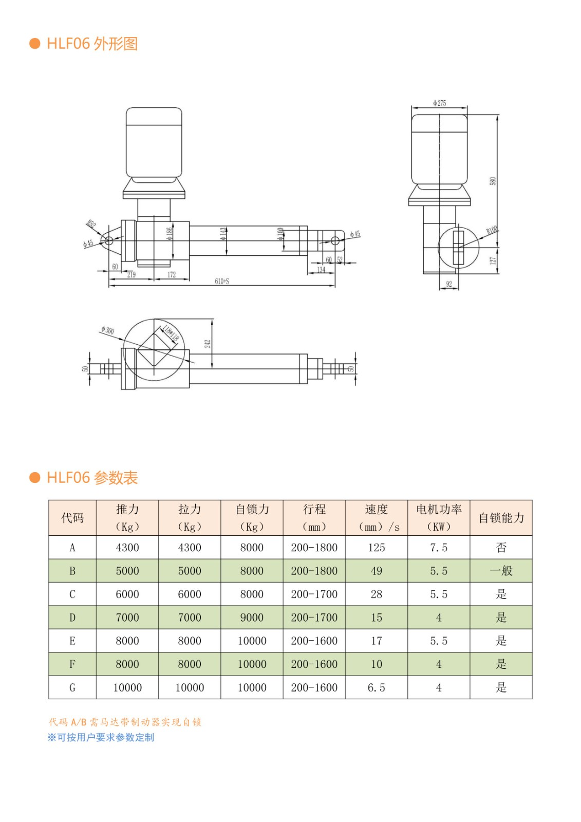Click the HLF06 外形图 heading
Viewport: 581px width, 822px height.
click(92, 44)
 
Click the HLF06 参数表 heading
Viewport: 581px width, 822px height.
click(92, 478)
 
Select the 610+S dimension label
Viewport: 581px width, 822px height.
click(222, 281)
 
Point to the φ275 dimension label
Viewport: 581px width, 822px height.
click(439, 103)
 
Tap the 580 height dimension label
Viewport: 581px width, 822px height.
click(493, 181)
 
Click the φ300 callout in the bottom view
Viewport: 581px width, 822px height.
click(108, 330)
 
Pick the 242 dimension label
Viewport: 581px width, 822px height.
click(208, 343)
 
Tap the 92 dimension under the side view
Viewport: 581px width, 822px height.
click(449, 284)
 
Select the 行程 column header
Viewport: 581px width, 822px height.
click(314, 509)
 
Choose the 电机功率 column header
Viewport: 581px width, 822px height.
click(439, 509)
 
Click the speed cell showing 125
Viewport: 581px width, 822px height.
click(377, 548)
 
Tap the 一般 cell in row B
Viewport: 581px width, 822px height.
click(501, 571)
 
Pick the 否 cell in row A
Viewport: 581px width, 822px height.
click(501, 548)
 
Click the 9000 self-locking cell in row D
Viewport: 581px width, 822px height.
click(252, 618)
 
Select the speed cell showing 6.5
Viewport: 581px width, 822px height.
click(377, 687)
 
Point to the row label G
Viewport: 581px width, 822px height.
click(72, 687)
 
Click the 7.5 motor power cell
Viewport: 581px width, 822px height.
click(439, 548)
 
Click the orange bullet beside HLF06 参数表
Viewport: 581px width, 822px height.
click(35, 478)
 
